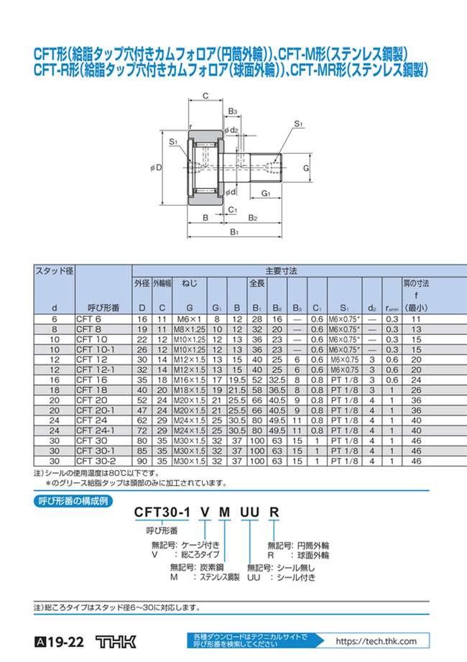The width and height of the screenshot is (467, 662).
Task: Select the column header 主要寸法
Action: click(x=276, y=271)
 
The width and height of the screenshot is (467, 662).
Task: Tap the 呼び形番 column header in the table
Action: click(x=96, y=308)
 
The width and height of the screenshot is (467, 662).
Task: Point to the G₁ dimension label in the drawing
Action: click(x=264, y=194)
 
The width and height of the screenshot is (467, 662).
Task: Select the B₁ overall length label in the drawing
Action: click(x=233, y=232)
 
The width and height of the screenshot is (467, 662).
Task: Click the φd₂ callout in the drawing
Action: click(x=231, y=129)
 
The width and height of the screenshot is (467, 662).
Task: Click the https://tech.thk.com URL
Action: click(x=376, y=641)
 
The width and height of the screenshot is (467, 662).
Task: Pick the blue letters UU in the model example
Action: click(x=249, y=512)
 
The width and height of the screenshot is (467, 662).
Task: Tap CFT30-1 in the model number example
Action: click(x=162, y=512)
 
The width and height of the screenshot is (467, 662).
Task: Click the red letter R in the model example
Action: click(x=273, y=512)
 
